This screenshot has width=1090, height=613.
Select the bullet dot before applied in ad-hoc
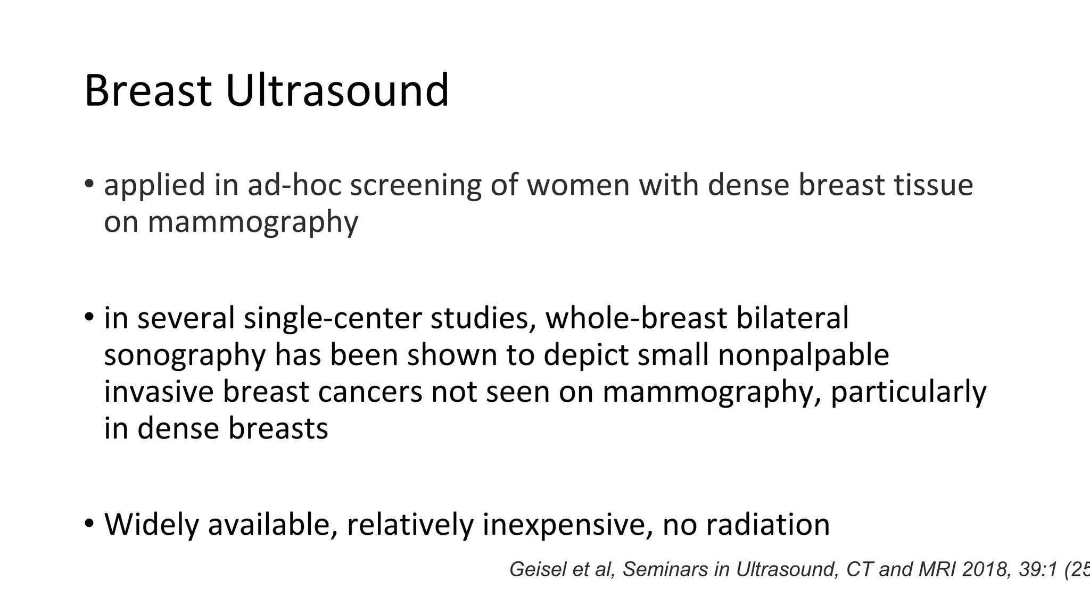click(89, 184)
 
